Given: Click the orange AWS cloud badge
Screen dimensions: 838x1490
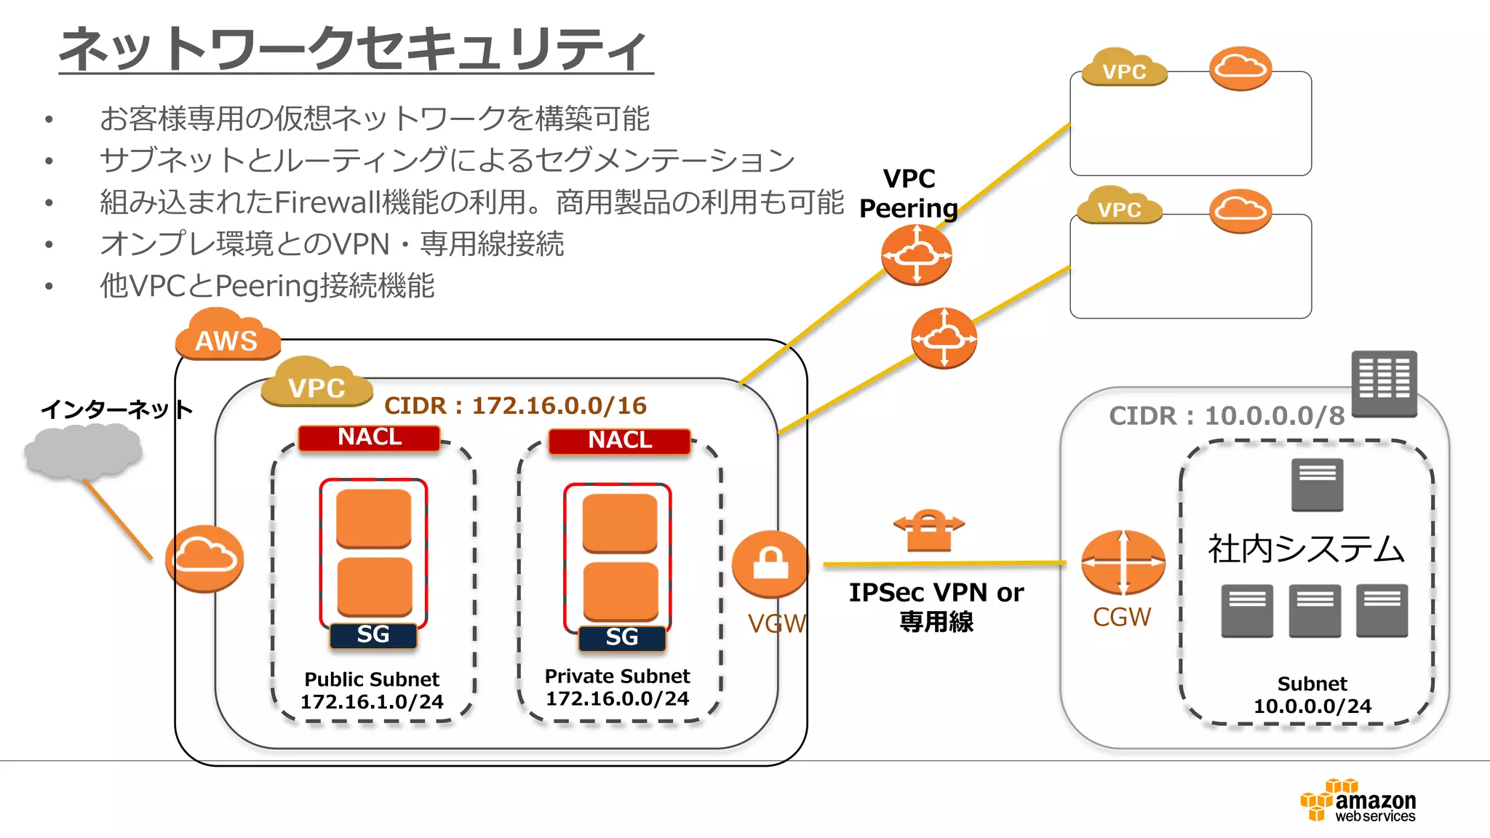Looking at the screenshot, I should click(227, 337).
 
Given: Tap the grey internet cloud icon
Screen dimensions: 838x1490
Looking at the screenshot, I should click(82, 451).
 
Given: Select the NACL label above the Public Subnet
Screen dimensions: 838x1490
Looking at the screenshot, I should click(370, 437).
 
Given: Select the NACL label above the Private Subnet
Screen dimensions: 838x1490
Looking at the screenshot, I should click(620, 440).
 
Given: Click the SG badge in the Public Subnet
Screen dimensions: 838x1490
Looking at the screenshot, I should click(373, 635).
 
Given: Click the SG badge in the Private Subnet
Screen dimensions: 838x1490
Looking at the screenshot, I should click(621, 638).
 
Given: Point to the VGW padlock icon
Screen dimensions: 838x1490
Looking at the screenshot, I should click(770, 564).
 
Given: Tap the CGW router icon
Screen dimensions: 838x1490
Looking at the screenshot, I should click(1123, 562).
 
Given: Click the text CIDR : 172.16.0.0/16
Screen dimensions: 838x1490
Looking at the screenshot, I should click(515, 406).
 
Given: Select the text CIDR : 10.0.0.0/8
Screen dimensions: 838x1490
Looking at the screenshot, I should click(1227, 416).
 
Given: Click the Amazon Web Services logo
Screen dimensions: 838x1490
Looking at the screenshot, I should click(1358, 801).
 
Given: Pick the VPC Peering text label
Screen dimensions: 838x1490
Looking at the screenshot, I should click(909, 193).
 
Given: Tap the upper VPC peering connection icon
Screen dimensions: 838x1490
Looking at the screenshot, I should click(916, 255).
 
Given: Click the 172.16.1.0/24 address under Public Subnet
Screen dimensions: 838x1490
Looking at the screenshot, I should click(372, 702).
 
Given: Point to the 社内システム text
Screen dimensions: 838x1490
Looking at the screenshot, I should click(1306, 549).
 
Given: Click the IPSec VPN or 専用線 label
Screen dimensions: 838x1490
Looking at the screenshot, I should click(936, 607).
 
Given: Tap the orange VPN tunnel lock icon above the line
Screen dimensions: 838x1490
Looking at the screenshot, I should click(928, 530).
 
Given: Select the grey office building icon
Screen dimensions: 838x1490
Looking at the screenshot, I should click(1384, 383).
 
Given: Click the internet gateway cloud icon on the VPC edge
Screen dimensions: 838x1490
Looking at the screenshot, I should click(204, 558).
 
